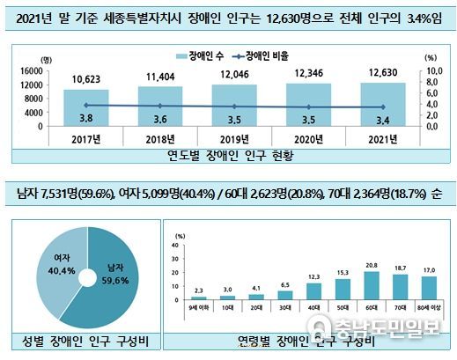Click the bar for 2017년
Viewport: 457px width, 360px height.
(x=85, y=107)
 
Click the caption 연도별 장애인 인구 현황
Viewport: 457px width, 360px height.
(x=229, y=156)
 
